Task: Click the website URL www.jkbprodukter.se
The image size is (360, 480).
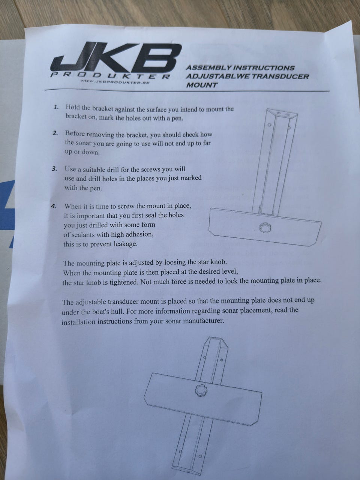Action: tap(115, 82)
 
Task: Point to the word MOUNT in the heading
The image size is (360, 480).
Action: tap(202, 85)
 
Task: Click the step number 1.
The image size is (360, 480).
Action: tap(56, 107)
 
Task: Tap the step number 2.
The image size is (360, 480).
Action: tap(55, 133)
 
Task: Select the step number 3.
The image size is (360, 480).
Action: tap(54, 169)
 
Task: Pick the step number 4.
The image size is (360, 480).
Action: tap(54, 206)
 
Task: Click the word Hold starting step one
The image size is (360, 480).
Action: tap(73, 107)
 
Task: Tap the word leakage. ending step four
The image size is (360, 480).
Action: tap(125, 244)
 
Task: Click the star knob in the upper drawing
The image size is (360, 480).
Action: tap(265, 228)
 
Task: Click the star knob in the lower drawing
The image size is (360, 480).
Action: tap(201, 390)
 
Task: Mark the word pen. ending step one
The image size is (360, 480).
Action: tap(177, 119)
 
